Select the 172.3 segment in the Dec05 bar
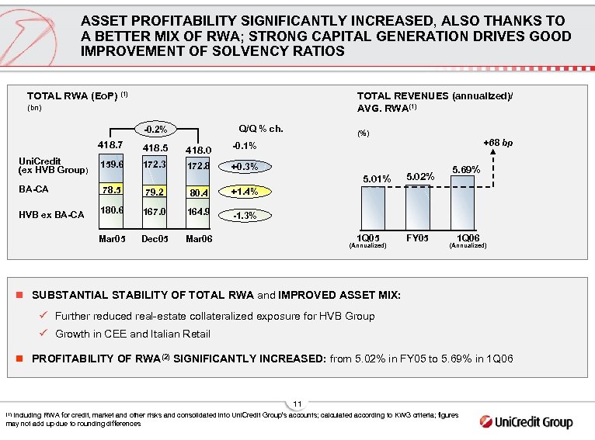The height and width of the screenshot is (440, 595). tap(155, 165)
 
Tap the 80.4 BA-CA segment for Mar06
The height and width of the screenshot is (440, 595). tap(199, 192)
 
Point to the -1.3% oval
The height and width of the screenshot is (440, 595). tap(247, 216)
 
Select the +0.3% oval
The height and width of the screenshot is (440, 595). tap(247, 166)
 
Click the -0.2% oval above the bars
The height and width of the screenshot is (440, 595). tap(155, 128)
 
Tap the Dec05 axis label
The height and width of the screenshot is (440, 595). tap(155, 237)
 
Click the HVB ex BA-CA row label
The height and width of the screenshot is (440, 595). tap(50, 215)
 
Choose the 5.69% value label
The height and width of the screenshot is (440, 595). tap(466, 169)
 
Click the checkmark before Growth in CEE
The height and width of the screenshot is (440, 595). tap(44, 334)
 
